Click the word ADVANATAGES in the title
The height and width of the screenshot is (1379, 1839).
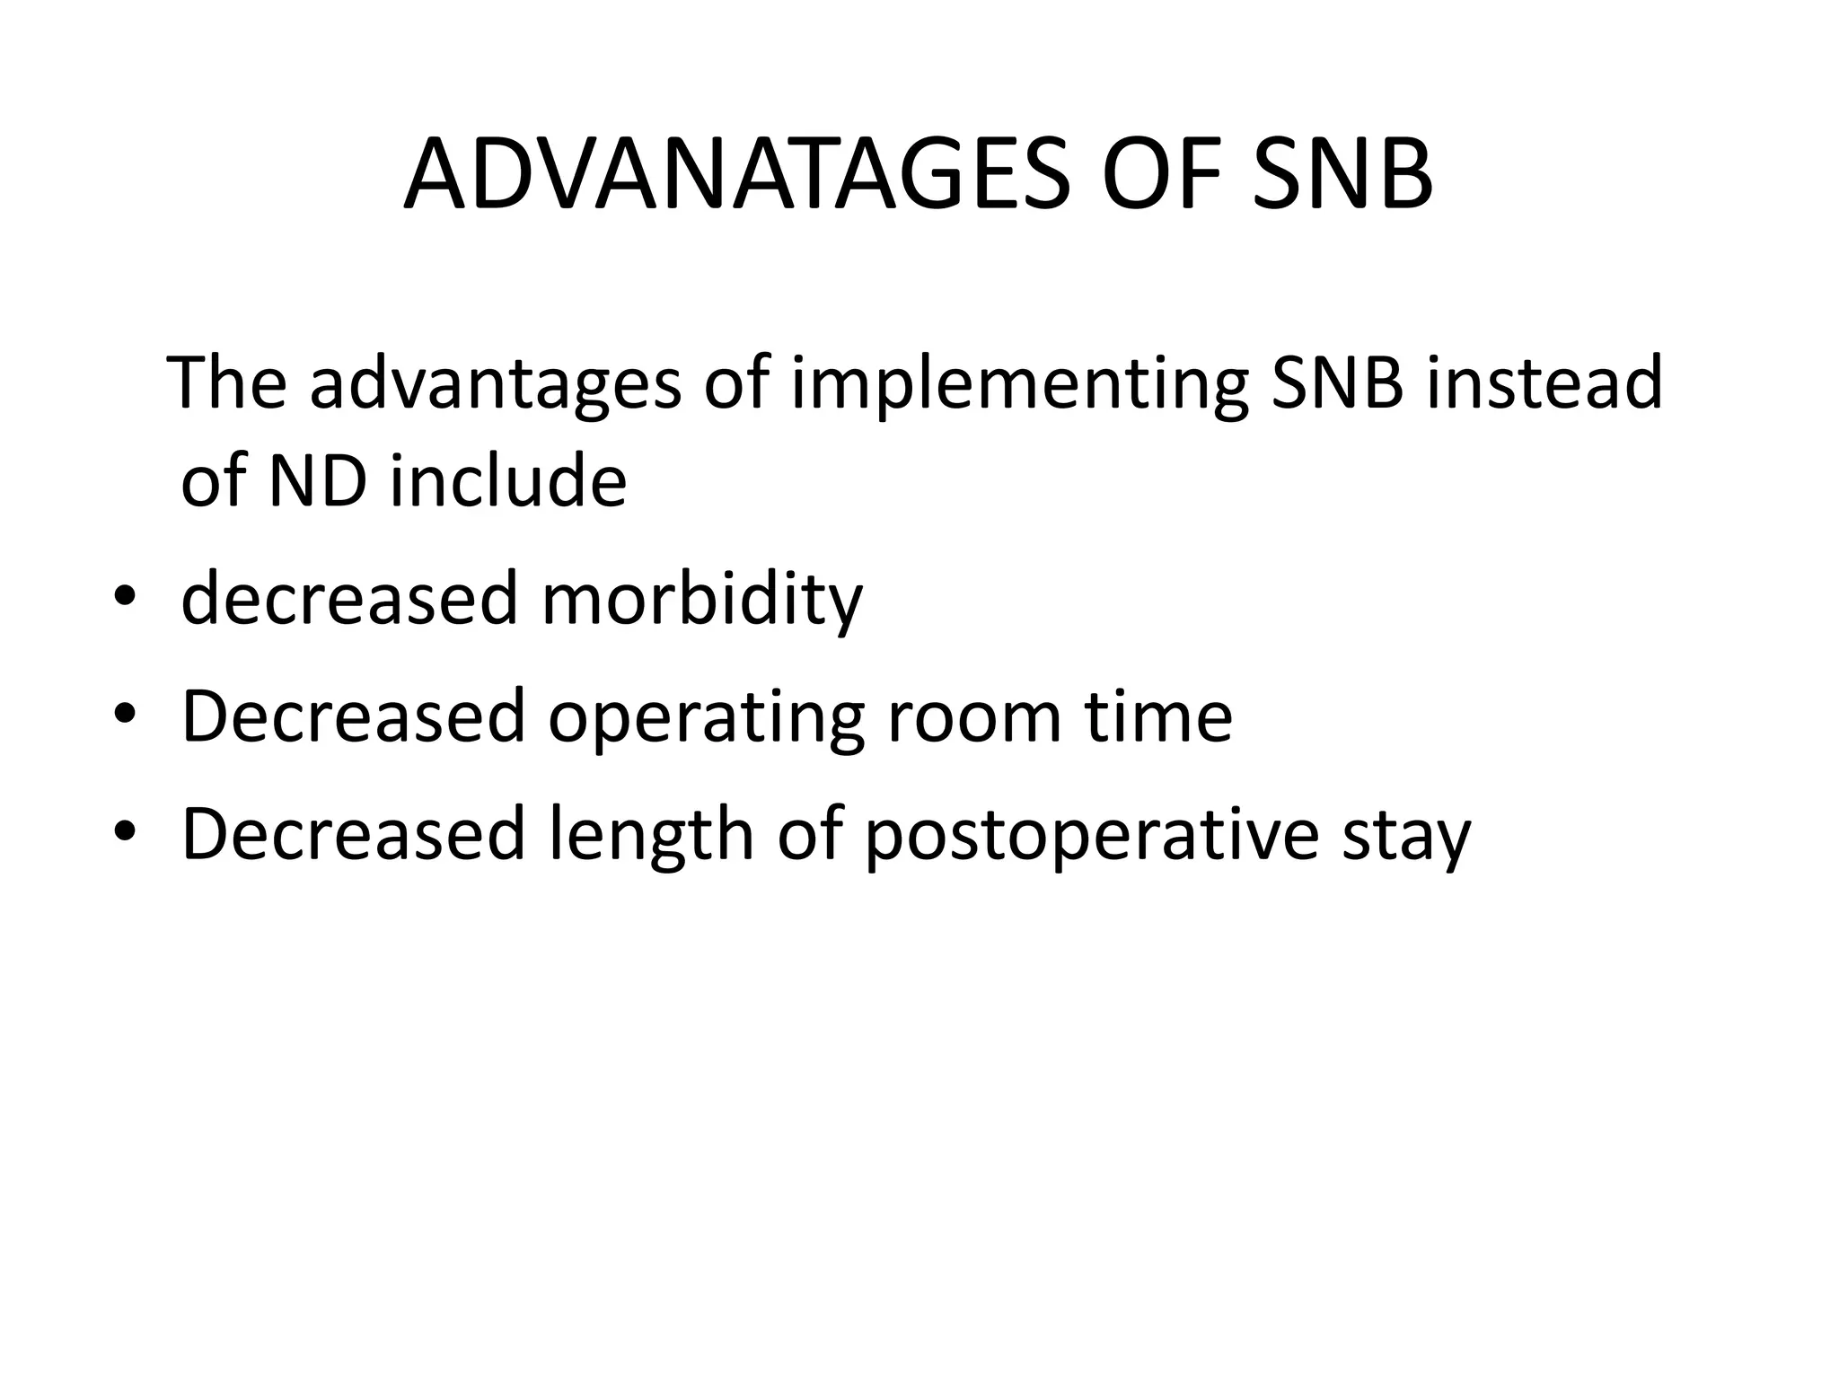pyautogui.click(x=736, y=175)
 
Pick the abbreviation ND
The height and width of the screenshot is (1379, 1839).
pyautogui.click(x=318, y=481)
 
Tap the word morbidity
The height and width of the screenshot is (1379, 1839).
pyautogui.click(x=701, y=600)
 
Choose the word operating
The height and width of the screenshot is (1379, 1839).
pyautogui.click(x=706, y=718)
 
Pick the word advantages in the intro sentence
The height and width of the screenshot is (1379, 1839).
pyautogui.click(x=495, y=384)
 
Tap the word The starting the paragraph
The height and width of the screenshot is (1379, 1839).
pyautogui.click(x=227, y=382)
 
